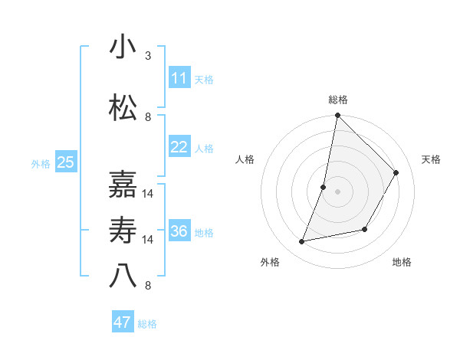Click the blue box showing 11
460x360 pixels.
179,78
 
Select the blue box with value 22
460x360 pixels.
179,148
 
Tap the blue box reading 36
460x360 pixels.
179,232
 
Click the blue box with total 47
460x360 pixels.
123,322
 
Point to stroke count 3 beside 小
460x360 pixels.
148,56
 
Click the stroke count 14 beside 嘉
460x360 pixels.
148,194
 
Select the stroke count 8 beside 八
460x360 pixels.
148,286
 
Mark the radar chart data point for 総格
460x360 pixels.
337,116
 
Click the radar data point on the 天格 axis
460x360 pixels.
396,173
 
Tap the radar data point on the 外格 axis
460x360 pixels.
302,242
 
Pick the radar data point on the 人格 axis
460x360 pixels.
324,187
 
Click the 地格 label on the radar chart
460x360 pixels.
402,262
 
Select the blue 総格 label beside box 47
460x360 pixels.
147,324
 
